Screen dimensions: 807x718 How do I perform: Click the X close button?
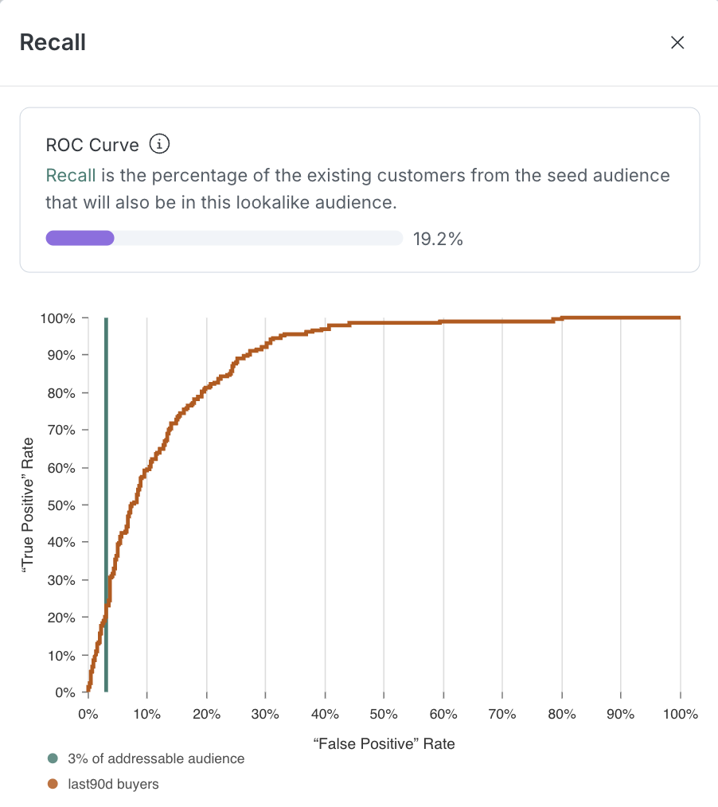pyautogui.click(x=677, y=43)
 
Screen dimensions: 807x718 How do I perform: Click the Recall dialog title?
pyautogui.click(x=53, y=42)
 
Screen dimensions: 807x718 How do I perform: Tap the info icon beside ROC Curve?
pyautogui.click(x=160, y=145)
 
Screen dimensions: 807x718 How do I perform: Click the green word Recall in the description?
pyautogui.click(x=71, y=175)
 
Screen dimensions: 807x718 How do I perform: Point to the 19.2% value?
pyautogui.click(x=438, y=239)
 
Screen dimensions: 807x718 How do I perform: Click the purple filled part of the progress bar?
pyautogui.click(x=80, y=238)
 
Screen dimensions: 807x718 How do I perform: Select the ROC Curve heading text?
pyautogui.click(x=92, y=146)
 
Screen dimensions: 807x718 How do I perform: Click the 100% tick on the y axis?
pyautogui.click(x=57, y=318)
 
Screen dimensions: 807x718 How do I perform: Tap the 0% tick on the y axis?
pyautogui.click(x=64, y=692)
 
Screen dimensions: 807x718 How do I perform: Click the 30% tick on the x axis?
pyautogui.click(x=266, y=715)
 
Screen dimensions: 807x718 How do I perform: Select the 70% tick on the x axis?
pyautogui.click(x=502, y=715)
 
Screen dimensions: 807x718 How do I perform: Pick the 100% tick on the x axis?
pyautogui.click(x=680, y=715)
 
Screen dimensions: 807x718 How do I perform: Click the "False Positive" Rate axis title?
pyautogui.click(x=384, y=744)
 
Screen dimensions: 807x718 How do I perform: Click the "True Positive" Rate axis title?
pyautogui.click(x=27, y=505)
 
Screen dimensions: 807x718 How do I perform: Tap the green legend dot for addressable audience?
pyautogui.click(x=53, y=759)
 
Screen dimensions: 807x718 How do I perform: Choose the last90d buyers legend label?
pyautogui.click(x=113, y=785)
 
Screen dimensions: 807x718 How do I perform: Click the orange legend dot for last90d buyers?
pyautogui.click(x=53, y=785)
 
